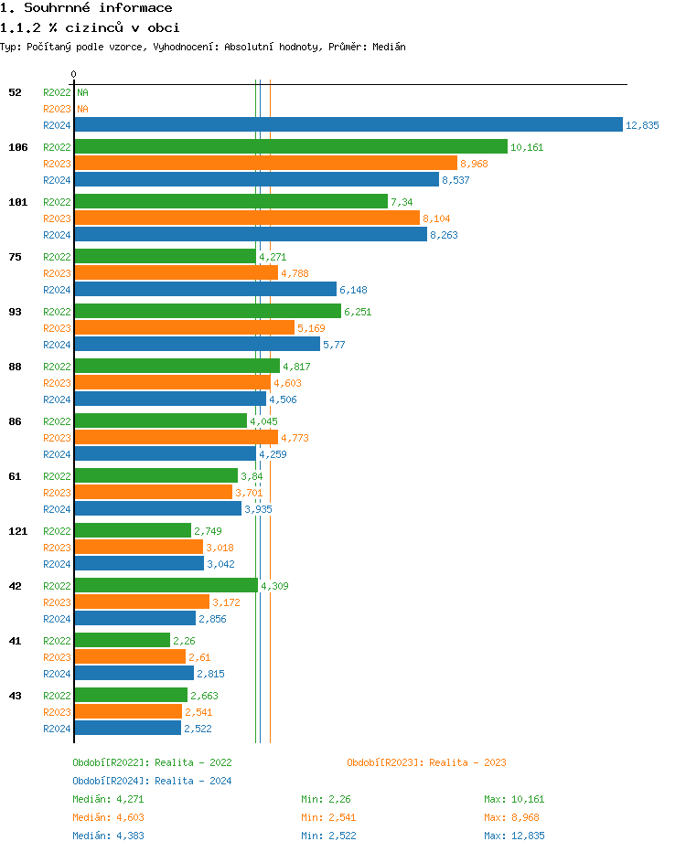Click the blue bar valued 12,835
tap(348, 125)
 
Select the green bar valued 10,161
tap(290, 146)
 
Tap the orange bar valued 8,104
tap(246, 218)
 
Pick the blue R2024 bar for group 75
tap(205, 289)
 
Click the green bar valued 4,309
tap(166, 585)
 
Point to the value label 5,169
tap(311, 328)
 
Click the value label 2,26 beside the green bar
tap(184, 641)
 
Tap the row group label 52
tap(15, 92)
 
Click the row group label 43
tap(15, 696)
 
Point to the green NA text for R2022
tap(82, 92)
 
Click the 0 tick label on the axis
tap(74, 74)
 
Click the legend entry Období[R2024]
tap(111, 781)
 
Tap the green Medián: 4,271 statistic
tap(108, 799)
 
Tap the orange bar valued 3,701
tap(153, 492)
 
